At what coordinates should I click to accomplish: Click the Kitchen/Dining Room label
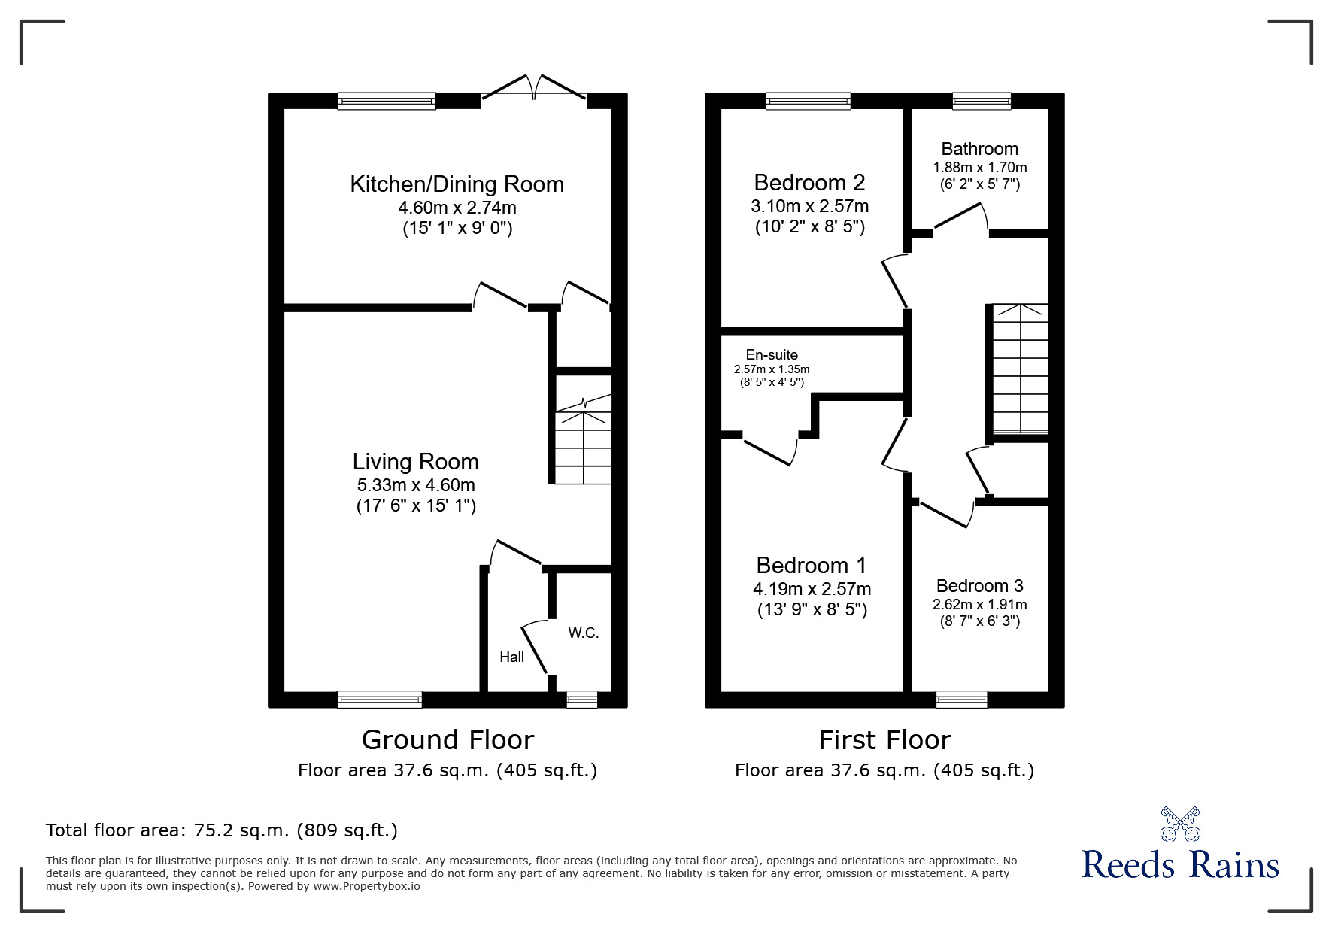(x=457, y=184)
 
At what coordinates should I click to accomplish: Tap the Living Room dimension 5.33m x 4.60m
(x=415, y=485)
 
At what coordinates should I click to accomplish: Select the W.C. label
(x=583, y=633)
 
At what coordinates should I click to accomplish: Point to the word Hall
(x=511, y=657)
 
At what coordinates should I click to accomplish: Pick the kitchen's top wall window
(x=387, y=101)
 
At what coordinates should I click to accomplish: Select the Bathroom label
(x=979, y=149)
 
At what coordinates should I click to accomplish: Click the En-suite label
(x=772, y=354)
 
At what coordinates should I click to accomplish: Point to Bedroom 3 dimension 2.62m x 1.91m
(x=979, y=604)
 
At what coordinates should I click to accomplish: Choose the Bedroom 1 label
(x=811, y=565)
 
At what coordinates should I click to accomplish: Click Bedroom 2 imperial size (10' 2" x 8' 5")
(x=809, y=226)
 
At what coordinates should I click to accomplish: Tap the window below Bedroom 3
(x=961, y=700)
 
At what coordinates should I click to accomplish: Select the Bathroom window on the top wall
(x=982, y=101)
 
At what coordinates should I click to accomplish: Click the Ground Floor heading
(x=448, y=739)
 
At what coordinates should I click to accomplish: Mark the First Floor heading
(x=884, y=739)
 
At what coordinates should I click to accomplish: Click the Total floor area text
(x=222, y=830)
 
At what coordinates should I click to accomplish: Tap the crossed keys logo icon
(x=1180, y=824)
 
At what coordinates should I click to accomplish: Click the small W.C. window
(x=581, y=700)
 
